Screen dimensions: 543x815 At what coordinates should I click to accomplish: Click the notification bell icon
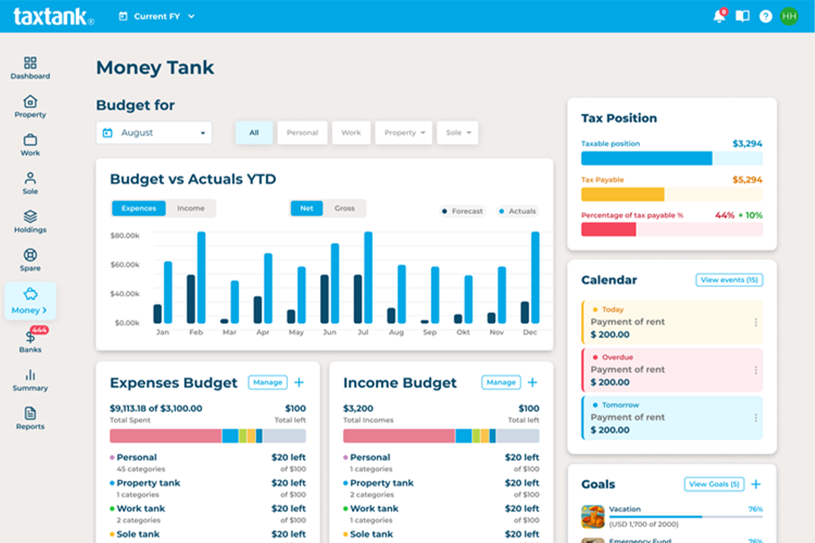[719, 16]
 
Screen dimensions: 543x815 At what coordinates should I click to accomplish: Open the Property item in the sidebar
[31, 107]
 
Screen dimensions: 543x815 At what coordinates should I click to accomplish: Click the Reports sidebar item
[31, 418]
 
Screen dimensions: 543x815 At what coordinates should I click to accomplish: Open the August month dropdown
[154, 133]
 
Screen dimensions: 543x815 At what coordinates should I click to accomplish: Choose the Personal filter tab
[302, 133]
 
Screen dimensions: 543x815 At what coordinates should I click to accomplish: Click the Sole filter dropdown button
[457, 133]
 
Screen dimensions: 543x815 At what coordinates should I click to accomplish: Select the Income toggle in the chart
[191, 208]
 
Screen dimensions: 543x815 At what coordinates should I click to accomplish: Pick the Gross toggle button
[344, 208]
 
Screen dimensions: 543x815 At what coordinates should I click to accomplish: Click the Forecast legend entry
[463, 211]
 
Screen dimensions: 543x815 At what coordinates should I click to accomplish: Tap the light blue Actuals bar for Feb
[201, 278]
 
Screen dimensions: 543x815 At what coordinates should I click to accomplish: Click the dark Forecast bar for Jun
[325, 299]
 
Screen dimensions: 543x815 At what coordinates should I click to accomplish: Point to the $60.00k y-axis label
[125, 265]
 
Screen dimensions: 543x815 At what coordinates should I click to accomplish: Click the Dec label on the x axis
[530, 333]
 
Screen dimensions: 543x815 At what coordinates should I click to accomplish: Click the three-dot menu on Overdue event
[755, 370]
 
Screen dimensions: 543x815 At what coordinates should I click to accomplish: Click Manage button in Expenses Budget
[268, 383]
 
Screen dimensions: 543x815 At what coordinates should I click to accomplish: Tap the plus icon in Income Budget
[532, 383]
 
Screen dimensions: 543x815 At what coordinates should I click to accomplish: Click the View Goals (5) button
[714, 484]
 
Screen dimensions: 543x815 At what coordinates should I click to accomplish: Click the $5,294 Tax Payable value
[747, 180]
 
